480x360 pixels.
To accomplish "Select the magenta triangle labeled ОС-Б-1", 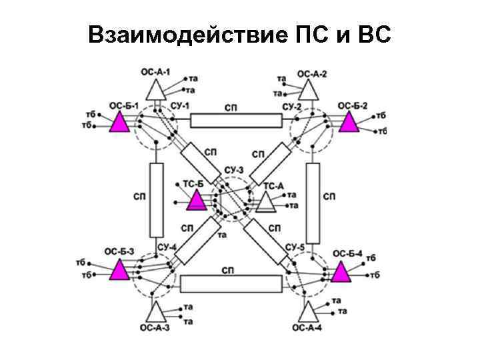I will pos(121,123).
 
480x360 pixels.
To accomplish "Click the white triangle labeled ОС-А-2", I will pos(309,89).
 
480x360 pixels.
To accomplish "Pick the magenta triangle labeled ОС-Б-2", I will pos(349,123).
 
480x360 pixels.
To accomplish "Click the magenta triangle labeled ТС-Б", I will pos(197,200).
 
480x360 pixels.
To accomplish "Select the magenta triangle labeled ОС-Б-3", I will pos(121,270).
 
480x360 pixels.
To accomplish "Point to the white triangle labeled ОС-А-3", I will pos(157,312).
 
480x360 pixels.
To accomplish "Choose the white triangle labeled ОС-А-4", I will pos(309,312).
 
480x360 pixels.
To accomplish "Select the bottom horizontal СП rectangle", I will pos(231,284).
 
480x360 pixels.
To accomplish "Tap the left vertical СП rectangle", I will pos(157,200).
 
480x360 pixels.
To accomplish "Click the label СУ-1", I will pos(180,107).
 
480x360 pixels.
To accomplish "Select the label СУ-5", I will pos(295,247).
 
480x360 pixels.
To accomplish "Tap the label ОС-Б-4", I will pos(347,253).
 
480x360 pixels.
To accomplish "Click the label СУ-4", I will pos(167,247).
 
